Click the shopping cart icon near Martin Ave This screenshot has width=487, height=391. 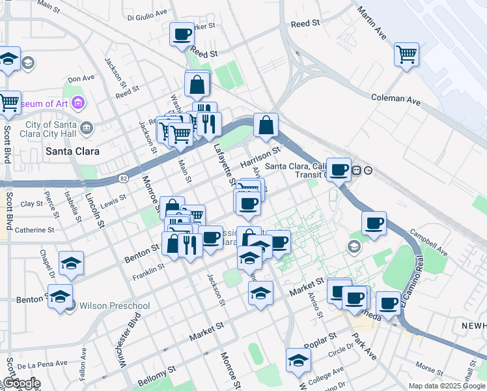(406, 54)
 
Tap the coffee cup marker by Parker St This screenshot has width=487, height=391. (182, 34)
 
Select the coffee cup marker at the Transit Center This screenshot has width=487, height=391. (339, 170)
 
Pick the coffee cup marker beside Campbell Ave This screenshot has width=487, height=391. (374, 224)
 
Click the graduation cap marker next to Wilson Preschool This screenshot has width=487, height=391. (60, 297)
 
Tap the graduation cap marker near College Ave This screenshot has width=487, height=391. (298, 360)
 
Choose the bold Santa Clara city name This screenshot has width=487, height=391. (72, 151)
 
